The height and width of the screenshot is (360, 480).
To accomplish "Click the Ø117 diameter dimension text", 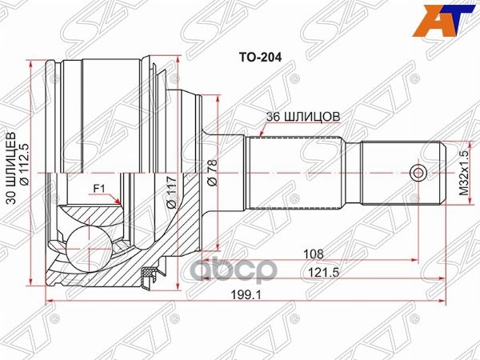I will (170, 193).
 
